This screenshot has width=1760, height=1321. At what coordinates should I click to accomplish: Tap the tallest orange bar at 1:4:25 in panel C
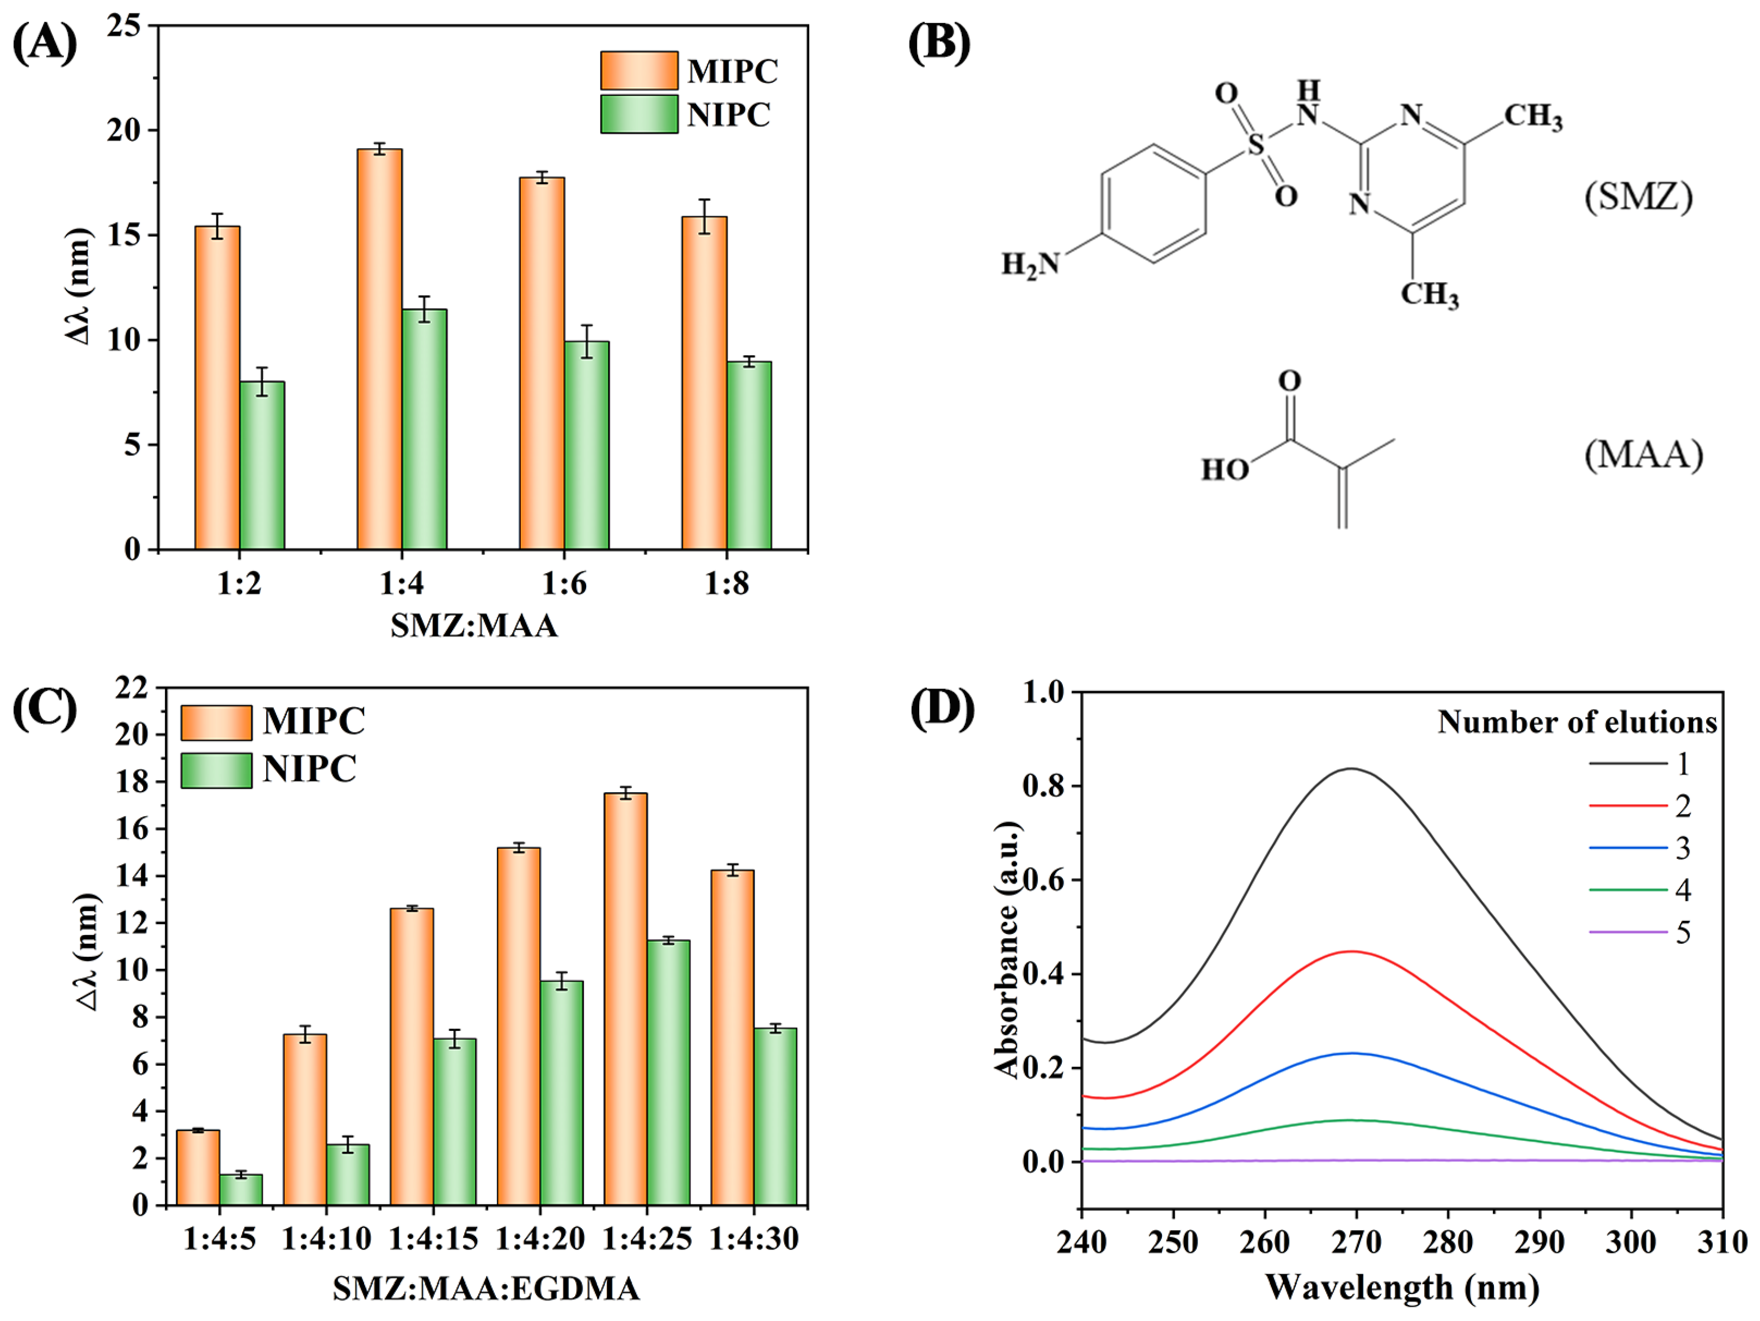626,999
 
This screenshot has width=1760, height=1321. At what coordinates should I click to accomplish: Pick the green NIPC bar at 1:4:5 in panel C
241,1190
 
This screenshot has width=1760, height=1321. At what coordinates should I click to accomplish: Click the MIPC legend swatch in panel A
639,71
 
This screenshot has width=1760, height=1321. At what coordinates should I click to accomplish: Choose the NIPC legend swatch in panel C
216,770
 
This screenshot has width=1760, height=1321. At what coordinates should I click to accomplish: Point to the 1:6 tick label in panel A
564,585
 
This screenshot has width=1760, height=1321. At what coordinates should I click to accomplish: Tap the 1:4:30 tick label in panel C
754,1239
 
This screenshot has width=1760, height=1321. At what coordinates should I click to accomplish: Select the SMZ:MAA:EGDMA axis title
486,1289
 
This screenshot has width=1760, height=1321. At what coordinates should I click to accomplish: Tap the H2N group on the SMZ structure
1030,264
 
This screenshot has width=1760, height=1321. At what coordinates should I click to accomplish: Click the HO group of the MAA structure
1225,470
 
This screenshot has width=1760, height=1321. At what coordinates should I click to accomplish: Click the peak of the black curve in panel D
1351,769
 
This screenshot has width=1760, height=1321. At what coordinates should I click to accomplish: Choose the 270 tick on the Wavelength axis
1356,1242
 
